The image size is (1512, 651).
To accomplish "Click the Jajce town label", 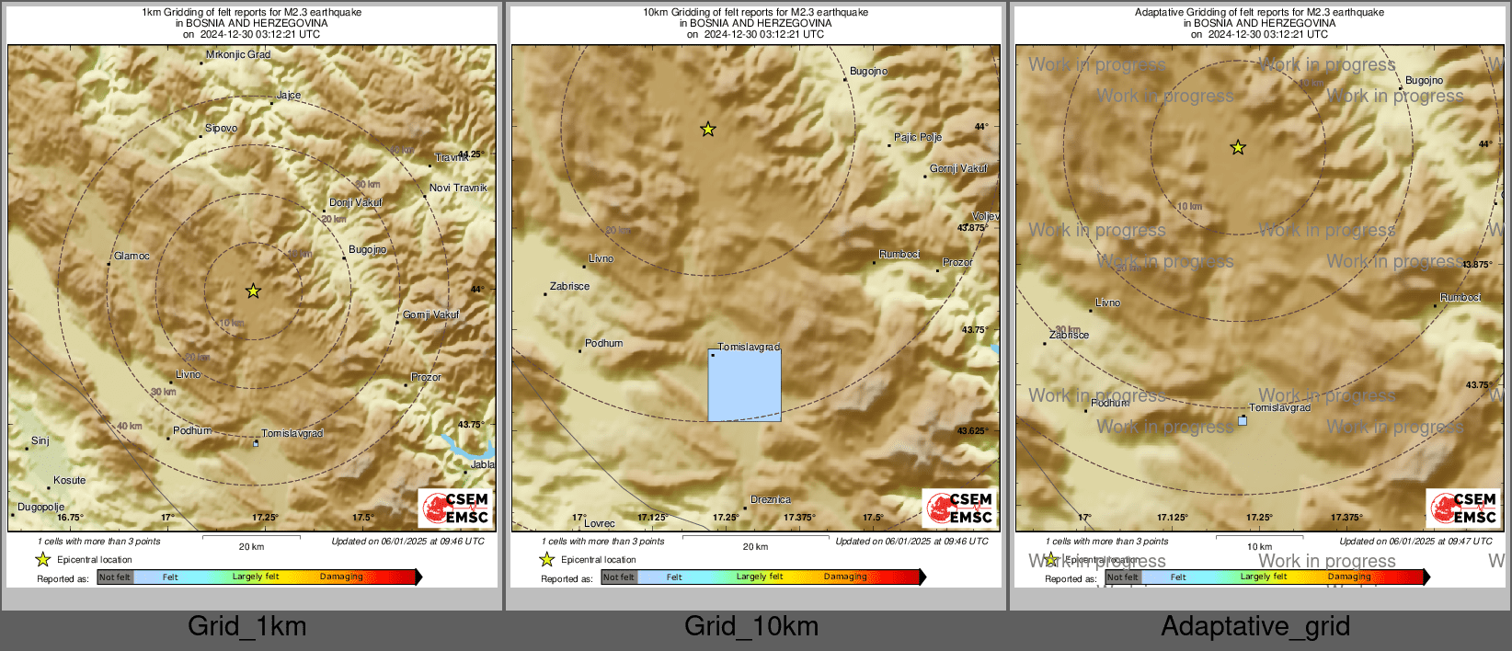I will pos(289,96).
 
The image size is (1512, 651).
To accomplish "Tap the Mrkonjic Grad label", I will pos(238,55).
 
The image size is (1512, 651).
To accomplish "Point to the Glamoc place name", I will pos(132,257).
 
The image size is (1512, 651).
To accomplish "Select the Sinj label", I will pos(40,441).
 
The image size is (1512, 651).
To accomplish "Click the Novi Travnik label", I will pos(458,188).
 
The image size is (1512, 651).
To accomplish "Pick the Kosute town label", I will pos(69,481).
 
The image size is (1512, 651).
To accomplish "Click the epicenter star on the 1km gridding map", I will pos(253,291).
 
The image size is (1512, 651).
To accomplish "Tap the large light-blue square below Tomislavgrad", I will pos(744,385).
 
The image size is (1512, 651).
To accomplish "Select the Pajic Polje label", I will pos(918,138).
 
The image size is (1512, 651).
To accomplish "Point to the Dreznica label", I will pos(771,500).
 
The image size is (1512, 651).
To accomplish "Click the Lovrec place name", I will pos(600,524).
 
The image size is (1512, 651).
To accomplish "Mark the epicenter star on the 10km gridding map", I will pos(707,130).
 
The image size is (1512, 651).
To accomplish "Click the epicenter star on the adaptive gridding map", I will pos(1238,147).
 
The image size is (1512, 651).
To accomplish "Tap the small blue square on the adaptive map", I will pos(1243,421).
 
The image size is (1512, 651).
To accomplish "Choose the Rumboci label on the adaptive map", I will pos(1460,298).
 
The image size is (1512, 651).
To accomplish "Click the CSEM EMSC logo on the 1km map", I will pos(455,508).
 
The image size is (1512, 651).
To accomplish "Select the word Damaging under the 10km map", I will pos(845,577).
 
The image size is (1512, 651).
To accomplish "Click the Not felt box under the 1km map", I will pos(115,577).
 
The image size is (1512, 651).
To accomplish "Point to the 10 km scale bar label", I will pos(1259,547).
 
